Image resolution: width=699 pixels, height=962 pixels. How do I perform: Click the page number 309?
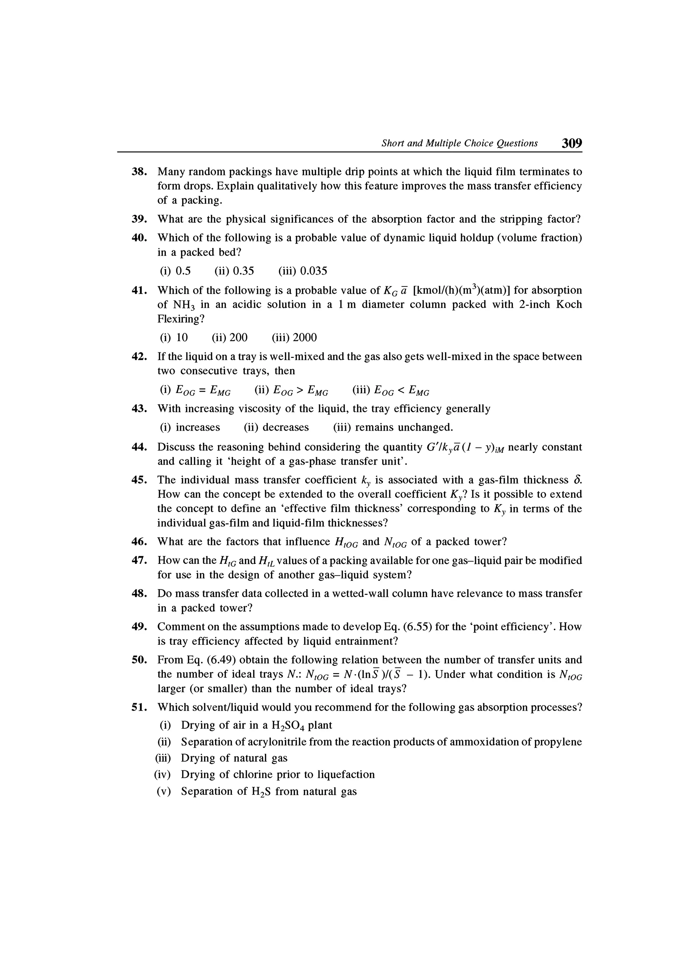[x=571, y=143]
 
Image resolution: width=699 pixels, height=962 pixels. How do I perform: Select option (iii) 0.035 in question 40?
[x=303, y=271]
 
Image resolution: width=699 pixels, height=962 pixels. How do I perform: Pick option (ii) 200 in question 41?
[x=229, y=338]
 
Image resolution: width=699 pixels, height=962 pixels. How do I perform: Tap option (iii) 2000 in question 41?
[x=294, y=338]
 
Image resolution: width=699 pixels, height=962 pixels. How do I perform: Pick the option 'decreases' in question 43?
[x=276, y=427]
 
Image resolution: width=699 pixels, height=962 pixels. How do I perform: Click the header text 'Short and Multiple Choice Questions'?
[x=459, y=143]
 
